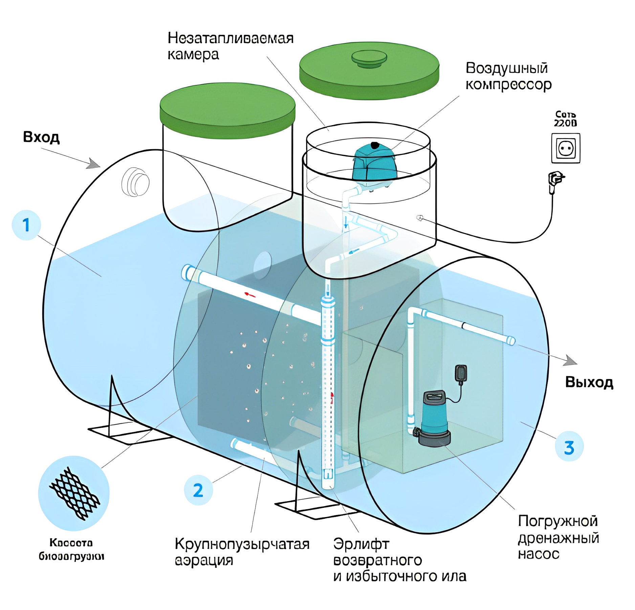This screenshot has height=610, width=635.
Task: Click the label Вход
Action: pos(41,137)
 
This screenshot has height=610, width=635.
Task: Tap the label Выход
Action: pos(589,382)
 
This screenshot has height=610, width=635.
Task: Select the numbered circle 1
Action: pos(26,225)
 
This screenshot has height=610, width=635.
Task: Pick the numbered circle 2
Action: pos(198,490)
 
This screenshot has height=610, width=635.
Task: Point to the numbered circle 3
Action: pos(569,447)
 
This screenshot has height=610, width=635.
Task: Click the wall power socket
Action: pos(566,148)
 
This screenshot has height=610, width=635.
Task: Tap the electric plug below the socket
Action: pos(555,179)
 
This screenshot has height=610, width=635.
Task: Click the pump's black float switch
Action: pos(461,374)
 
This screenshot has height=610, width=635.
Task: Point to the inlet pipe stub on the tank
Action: pos(135,182)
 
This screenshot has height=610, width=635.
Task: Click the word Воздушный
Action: pos(507,68)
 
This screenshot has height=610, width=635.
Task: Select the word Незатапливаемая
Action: pos(231,39)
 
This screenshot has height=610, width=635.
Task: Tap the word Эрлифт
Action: pos(361,544)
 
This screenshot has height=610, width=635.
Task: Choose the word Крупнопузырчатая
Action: pos(242,544)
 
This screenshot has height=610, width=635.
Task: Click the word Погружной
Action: pos(558,521)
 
